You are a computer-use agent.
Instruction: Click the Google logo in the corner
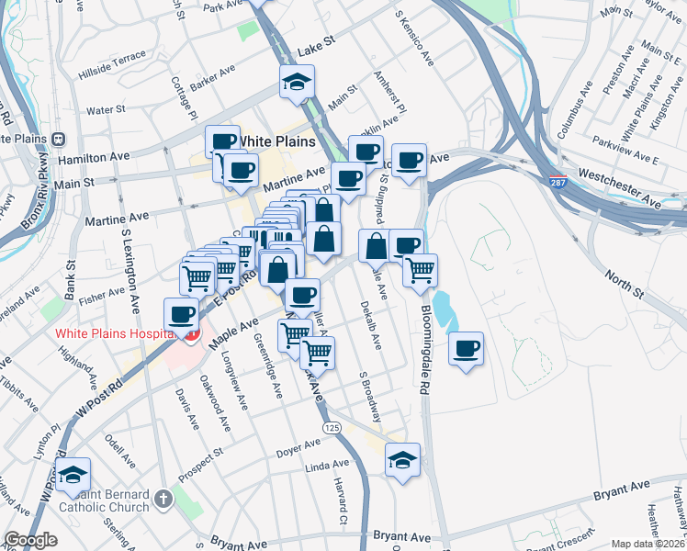(x=30, y=540)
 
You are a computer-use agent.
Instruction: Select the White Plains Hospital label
(x=115, y=333)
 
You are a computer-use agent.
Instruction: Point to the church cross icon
(x=163, y=500)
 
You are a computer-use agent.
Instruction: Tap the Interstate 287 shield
(x=557, y=183)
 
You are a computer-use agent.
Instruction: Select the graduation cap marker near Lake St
(x=297, y=83)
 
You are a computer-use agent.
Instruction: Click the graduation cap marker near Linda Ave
(x=402, y=460)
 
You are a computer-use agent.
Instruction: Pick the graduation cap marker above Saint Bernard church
(x=73, y=475)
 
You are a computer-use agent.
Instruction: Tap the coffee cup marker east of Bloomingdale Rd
(x=467, y=348)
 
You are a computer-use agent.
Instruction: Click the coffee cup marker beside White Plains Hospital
(x=182, y=314)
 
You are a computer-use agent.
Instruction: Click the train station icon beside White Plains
(x=58, y=139)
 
